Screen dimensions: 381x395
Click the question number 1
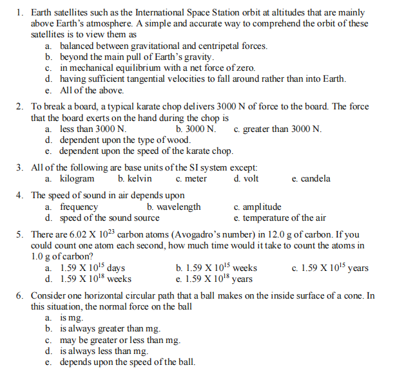point(20,12)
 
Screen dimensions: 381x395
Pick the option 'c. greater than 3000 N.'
point(278,129)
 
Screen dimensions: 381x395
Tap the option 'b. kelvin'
point(135,178)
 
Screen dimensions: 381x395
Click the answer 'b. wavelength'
point(173,207)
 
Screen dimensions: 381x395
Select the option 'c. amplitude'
point(257,207)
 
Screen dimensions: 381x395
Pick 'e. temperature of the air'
point(280,218)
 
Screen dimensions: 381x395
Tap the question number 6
point(20,295)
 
